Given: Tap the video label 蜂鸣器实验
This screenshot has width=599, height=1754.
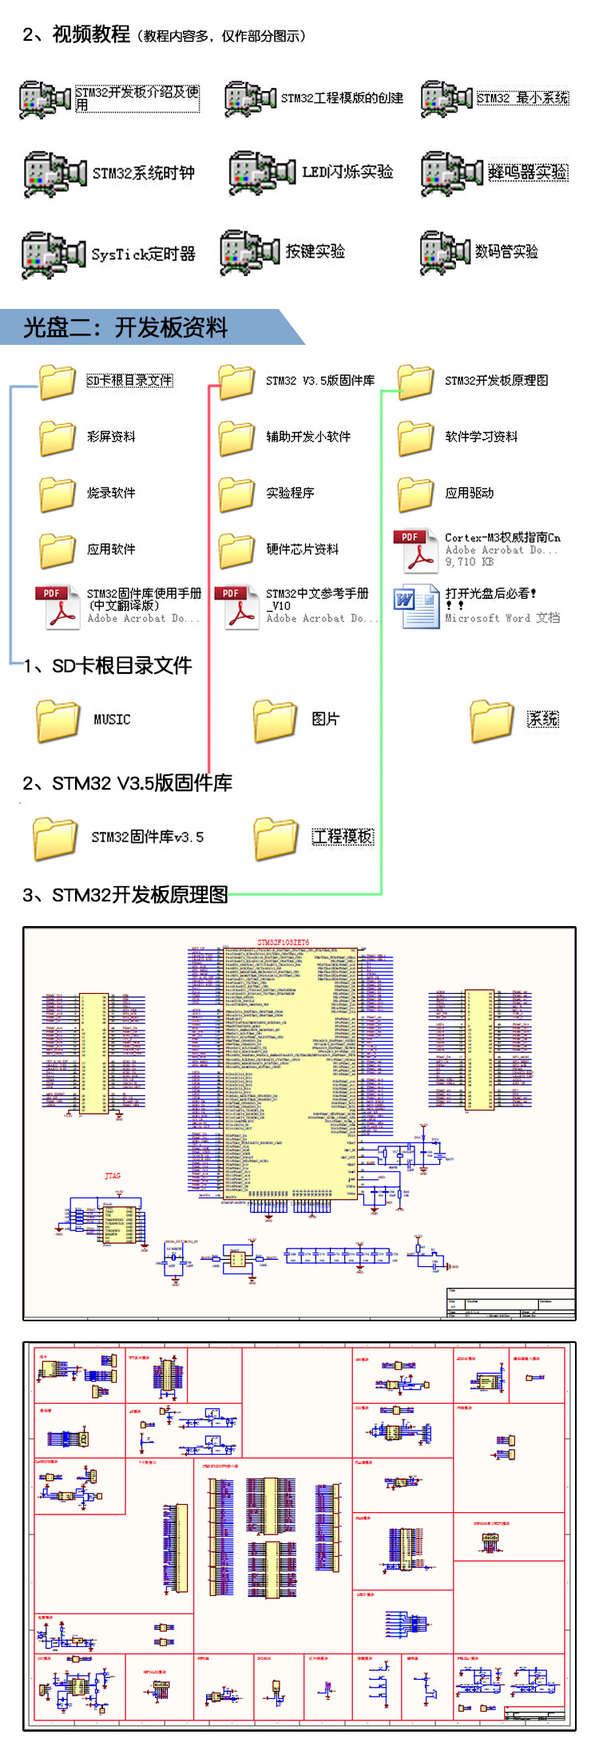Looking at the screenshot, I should [x=527, y=172].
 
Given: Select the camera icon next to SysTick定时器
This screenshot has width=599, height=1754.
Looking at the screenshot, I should [x=52, y=254].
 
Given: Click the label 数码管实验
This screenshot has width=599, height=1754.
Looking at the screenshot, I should [x=506, y=251].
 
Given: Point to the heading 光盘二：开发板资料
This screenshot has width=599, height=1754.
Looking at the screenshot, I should [x=125, y=327].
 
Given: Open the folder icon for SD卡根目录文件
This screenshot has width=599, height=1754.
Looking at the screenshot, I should [x=58, y=381].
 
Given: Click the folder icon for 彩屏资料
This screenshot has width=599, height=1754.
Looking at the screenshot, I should [x=58, y=437].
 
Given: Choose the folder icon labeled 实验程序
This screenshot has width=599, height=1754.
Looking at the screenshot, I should [x=236, y=493].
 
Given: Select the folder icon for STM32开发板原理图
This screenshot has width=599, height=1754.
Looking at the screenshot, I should [x=415, y=381].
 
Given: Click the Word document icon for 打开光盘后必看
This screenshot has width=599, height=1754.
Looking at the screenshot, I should [x=415, y=607].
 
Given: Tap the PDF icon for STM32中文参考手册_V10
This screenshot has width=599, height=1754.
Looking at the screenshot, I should [x=236, y=607].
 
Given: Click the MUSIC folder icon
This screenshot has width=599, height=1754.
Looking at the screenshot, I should [x=58, y=719].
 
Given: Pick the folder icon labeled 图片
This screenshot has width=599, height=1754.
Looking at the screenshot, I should [x=275, y=719].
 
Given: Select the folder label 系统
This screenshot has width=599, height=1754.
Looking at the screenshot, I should [x=543, y=719].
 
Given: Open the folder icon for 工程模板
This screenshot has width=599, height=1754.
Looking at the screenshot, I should [x=276, y=837].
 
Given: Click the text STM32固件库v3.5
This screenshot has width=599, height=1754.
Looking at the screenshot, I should [x=147, y=837].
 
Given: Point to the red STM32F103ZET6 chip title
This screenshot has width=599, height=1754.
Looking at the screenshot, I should [x=283, y=942].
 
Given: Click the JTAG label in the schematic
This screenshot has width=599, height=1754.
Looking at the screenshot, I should [x=113, y=1176].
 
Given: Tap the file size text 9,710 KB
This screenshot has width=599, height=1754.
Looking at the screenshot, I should [x=469, y=562].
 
